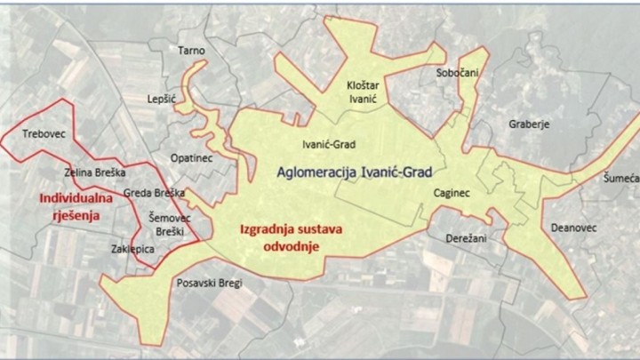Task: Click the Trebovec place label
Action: pos(44,135)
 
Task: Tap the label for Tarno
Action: pos(192,51)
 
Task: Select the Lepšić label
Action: pos(164,99)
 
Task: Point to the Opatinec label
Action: pos(190,157)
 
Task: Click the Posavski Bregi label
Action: pos(206,284)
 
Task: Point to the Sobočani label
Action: pos(458,75)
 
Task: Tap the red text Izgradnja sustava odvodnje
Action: pos(292,237)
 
